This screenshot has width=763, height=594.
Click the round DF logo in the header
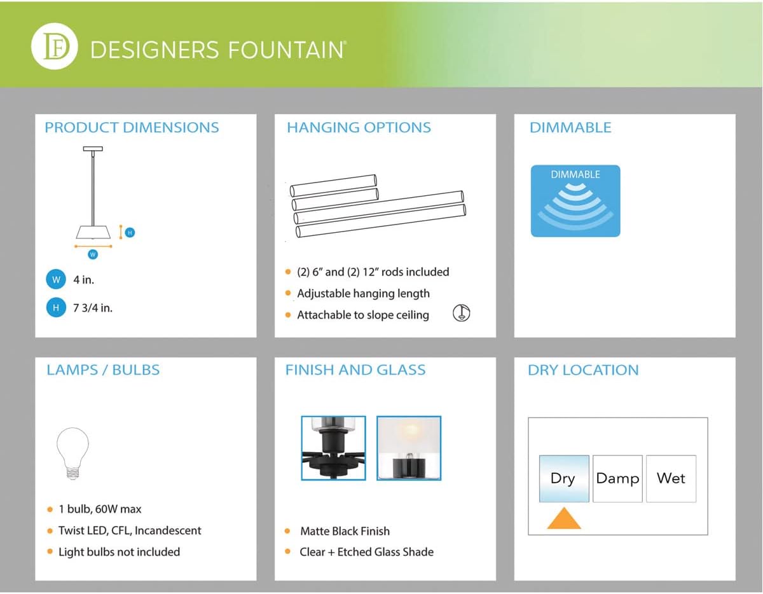(x=55, y=46)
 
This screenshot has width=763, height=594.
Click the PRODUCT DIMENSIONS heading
(x=132, y=127)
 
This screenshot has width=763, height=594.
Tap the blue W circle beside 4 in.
(x=56, y=279)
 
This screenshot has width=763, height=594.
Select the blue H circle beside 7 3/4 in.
(x=56, y=308)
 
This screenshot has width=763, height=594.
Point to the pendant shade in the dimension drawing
(x=93, y=232)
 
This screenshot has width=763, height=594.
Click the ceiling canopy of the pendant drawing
(x=93, y=149)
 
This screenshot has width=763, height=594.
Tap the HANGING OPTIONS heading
(x=359, y=127)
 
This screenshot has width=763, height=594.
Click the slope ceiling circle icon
(x=461, y=312)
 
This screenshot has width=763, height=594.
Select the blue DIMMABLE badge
(x=575, y=201)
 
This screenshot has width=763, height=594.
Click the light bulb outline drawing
(x=72, y=453)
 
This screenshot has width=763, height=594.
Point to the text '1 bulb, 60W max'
(x=100, y=509)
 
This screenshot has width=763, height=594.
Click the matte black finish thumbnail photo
(x=334, y=448)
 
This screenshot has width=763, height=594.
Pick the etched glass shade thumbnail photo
(x=409, y=448)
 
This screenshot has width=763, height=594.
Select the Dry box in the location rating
(x=564, y=478)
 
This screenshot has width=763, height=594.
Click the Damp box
(x=617, y=478)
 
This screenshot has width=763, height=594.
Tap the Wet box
(x=671, y=478)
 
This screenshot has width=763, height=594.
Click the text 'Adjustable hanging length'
(x=364, y=293)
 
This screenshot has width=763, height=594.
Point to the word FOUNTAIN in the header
(x=286, y=50)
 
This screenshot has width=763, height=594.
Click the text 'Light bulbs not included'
(x=119, y=552)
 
